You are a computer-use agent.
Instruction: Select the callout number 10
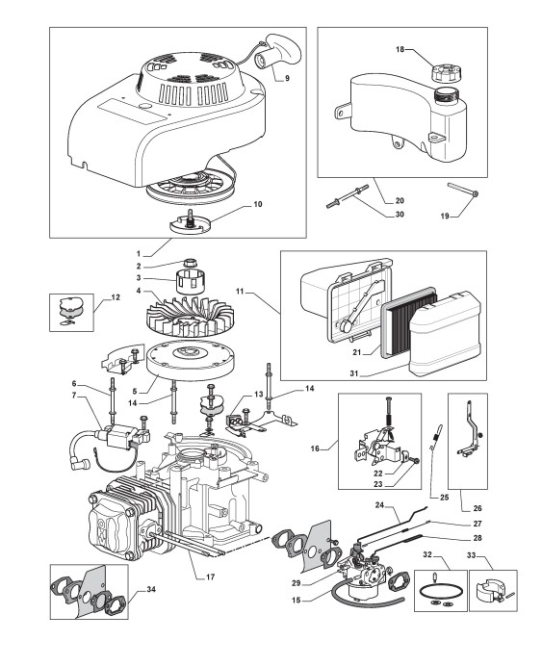(258, 204)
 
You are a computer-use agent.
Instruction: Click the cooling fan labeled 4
(190, 315)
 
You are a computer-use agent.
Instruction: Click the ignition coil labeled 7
(123, 435)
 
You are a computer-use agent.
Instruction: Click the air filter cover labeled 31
(445, 335)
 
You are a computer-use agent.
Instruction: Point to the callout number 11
(240, 291)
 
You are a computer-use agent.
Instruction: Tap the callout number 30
(400, 215)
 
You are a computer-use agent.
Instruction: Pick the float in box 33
(488, 588)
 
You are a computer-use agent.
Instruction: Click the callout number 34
(151, 590)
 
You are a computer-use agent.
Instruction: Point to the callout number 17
(210, 576)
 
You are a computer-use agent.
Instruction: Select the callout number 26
(477, 508)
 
